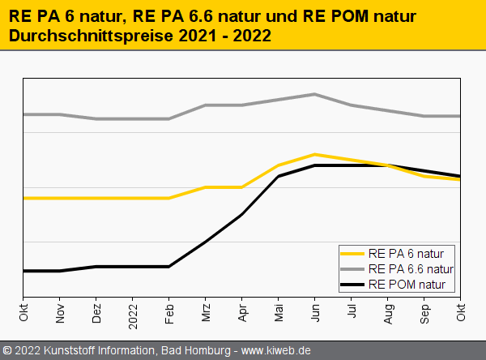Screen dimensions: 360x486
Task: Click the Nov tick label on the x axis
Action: [x=60, y=313]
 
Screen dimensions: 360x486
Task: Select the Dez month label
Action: [x=96, y=313]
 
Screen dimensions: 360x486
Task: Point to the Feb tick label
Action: [x=169, y=313]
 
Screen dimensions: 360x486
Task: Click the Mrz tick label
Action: [x=206, y=313]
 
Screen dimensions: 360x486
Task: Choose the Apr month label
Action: [x=242, y=313]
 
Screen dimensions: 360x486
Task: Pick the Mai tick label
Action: [x=279, y=313]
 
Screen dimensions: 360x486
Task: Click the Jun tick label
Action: [x=315, y=313]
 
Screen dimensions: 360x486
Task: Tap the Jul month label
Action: [x=352, y=311]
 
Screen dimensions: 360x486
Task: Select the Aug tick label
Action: [x=388, y=313]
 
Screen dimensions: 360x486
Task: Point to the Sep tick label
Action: [x=424, y=313]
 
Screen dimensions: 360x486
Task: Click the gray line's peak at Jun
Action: [x=315, y=94]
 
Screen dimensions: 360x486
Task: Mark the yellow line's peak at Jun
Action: [x=315, y=154]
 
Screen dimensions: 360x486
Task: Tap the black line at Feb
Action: [x=169, y=266]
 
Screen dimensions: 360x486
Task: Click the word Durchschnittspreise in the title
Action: [x=90, y=36]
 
